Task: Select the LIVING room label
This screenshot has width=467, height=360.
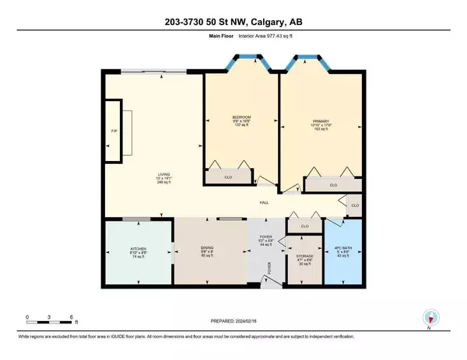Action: click(163, 175)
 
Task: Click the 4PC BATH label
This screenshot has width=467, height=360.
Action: click(343, 250)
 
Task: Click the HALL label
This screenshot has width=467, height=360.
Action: click(265, 204)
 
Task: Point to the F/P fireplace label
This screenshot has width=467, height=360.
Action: click(114, 130)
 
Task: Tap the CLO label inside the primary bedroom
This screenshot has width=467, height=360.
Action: click(332, 185)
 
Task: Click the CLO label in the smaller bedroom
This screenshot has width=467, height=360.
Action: click(229, 179)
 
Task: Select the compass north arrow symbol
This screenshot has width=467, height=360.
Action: click(430, 318)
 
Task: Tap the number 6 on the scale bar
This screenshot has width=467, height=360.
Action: click(72, 317)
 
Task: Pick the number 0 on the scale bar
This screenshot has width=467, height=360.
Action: click(27, 317)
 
